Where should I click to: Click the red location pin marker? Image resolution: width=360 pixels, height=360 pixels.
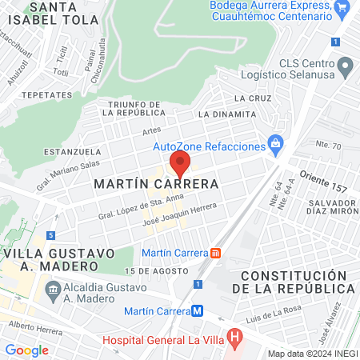point(180,165)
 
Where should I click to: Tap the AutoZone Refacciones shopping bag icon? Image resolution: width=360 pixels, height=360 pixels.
point(276,145)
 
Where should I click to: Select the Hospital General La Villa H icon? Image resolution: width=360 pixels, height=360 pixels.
point(234,338)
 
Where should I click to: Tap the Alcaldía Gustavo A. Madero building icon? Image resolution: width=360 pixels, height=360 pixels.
point(54,288)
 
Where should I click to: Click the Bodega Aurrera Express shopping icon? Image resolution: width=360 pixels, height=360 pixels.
point(342,7)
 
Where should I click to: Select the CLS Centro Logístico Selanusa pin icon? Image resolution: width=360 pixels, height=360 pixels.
point(346,65)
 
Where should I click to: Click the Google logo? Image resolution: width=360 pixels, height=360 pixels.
point(26,350)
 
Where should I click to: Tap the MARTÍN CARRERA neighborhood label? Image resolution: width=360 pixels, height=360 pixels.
point(157,184)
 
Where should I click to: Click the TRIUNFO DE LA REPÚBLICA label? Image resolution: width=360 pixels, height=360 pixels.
point(133,110)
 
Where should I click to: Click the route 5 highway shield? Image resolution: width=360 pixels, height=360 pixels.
point(51,235)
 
